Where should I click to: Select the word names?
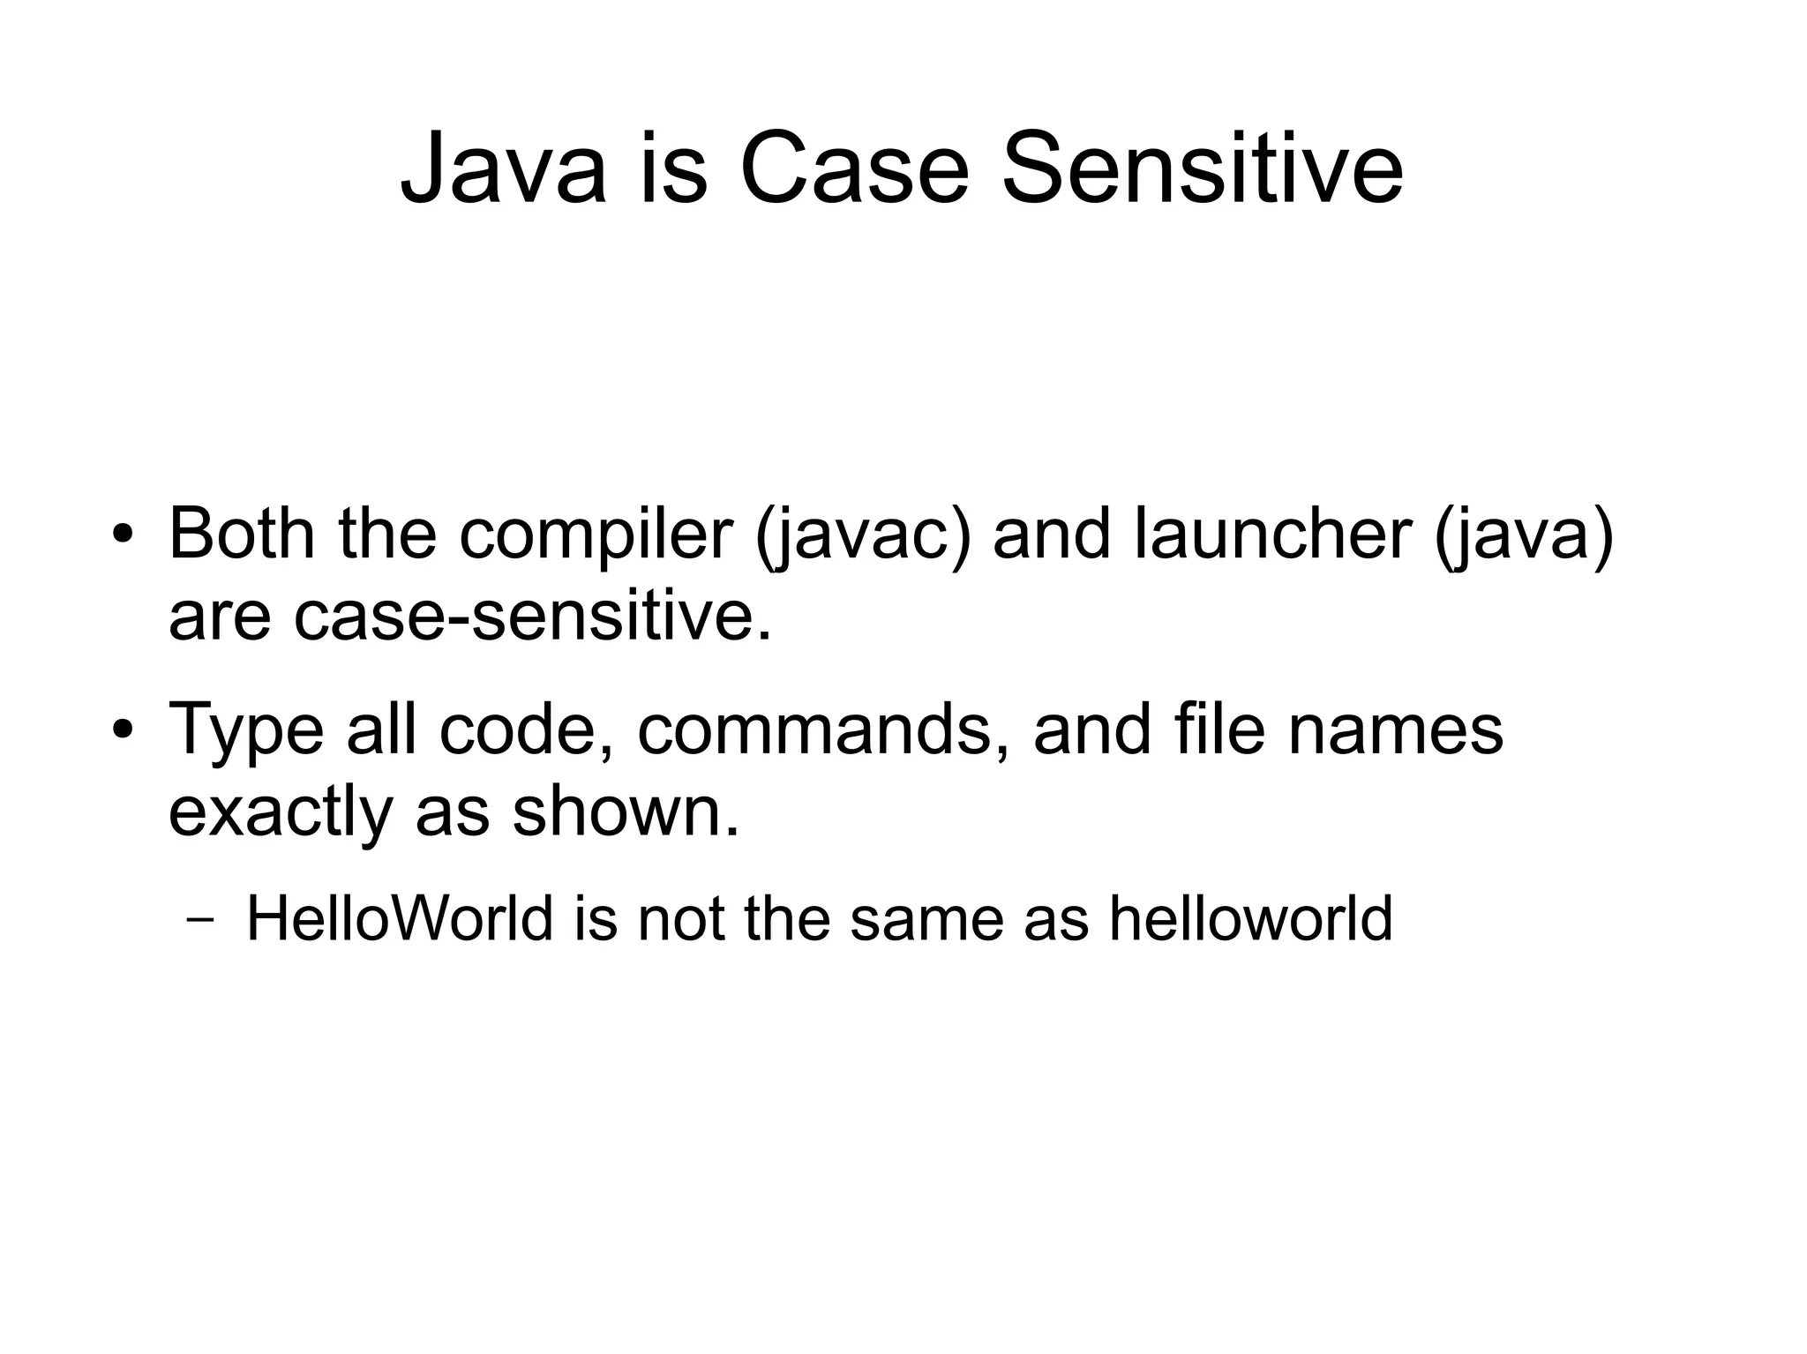click(x=1396, y=729)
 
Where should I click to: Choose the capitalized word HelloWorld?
click(x=399, y=918)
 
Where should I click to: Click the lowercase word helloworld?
click(x=1250, y=918)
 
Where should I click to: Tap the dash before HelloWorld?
click(x=200, y=922)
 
